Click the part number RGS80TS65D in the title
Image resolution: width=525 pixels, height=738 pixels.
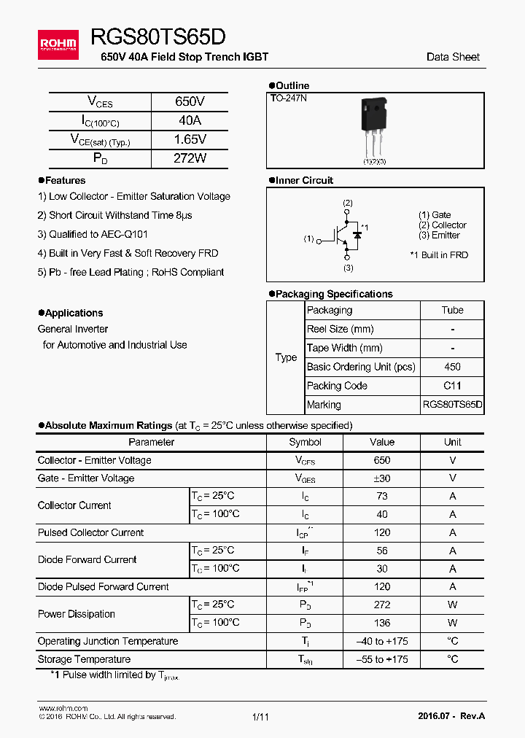click(x=158, y=38)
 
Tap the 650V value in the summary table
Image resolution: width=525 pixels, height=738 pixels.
click(x=190, y=102)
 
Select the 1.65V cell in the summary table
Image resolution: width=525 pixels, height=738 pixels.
click(x=190, y=139)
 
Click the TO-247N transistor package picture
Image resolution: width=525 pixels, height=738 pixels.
click(x=374, y=128)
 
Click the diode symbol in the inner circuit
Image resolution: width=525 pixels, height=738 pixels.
click(x=357, y=235)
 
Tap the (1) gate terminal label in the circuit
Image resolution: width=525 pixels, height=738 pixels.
click(x=308, y=239)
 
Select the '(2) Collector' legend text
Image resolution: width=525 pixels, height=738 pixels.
click(x=442, y=225)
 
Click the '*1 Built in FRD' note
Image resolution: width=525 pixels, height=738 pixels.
click(x=439, y=255)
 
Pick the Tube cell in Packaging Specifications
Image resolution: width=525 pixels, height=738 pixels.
click(x=452, y=311)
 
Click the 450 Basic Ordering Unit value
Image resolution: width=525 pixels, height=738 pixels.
click(x=452, y=368)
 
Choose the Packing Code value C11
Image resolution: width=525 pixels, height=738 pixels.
click(x=452, y=387)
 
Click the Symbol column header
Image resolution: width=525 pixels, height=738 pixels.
click(x=305, y=442)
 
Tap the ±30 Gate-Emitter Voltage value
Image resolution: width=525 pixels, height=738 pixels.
click(x=381, y=478)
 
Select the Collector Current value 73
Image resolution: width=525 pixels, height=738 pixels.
click(x=381, y=496)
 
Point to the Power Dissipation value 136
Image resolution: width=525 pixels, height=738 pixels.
click(x=381, y=623)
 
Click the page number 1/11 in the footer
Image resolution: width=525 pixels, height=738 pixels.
click(x=260, y=718)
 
